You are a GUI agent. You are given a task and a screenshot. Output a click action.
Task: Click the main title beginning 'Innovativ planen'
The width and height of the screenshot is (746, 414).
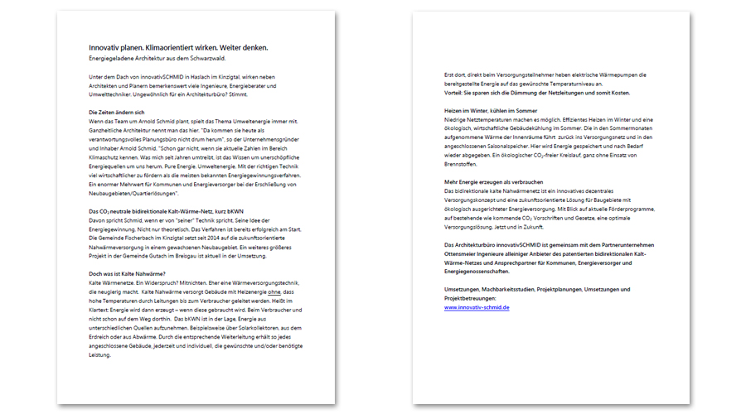(x=178, y=47)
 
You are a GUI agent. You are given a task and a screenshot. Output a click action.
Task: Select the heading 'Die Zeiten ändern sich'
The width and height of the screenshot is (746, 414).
(x=116, y=112)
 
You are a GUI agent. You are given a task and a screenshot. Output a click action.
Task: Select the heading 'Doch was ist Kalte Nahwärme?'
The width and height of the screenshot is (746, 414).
(x=127, y=274)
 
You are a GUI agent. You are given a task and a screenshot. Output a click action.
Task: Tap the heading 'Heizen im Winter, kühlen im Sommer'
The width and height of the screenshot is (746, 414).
(x=491, y=110)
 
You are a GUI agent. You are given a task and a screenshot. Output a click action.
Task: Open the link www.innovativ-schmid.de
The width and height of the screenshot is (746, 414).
(x=477, y=306)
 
